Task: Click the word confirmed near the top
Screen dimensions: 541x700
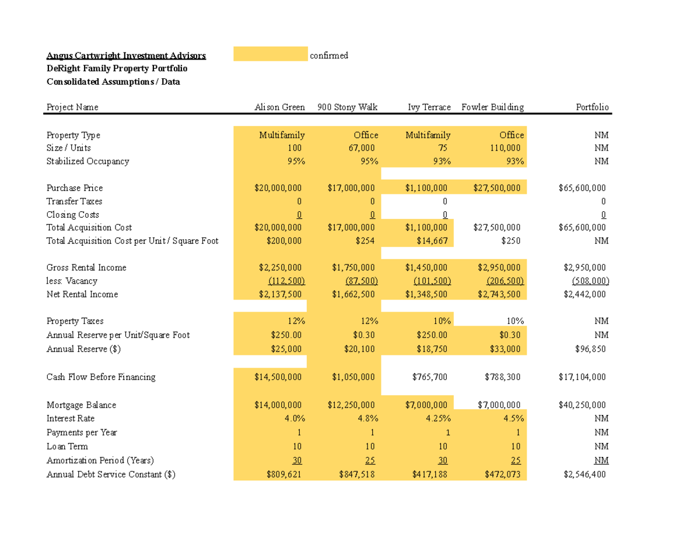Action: coord(329,55)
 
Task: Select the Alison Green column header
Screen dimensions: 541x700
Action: coord(279,107)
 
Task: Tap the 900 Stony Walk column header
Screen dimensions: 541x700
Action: coord(348,107)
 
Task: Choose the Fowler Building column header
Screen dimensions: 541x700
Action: coord(492,107)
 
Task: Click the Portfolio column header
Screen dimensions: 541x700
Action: coord(592,107)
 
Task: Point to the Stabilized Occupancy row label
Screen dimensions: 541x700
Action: coord(87,161)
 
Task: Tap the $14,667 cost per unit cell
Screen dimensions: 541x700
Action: coord(432,240)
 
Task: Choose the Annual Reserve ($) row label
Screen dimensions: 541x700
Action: coord(83,349)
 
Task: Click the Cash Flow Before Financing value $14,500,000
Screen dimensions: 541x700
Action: coord(278,377)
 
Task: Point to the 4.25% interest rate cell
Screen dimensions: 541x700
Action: coord(436,418)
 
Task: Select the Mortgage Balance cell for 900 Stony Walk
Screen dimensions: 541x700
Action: coord(351,405)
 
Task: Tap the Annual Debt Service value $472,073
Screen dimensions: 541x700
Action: coord(504,474)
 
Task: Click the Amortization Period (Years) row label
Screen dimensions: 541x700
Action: coord(100,460)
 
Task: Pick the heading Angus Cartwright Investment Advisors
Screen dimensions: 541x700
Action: coord(126,56)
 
